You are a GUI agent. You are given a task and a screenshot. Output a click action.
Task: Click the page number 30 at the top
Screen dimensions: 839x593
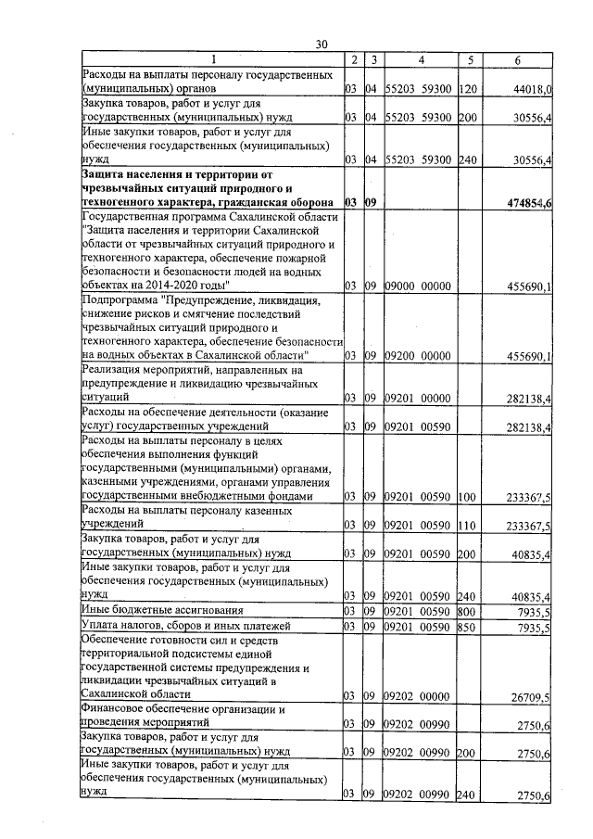point(322,44)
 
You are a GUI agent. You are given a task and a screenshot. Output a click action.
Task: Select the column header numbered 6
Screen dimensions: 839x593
point(517,60)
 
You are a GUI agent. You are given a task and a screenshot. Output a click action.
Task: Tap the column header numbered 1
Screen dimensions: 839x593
point(211,60)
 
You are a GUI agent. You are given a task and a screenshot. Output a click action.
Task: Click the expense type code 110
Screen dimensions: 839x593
point(467,525)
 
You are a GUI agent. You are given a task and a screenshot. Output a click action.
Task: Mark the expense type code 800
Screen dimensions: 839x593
point(467,610)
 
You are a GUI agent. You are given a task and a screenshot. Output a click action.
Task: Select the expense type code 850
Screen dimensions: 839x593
point(467,627)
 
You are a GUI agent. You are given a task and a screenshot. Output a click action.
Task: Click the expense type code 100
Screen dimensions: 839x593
point(467,497)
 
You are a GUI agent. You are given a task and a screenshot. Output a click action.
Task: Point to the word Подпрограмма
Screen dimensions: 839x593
point(120,301)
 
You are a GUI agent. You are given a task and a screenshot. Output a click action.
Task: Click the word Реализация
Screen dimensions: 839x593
point(113,370)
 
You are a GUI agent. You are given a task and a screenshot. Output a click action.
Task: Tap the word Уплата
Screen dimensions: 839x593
point(100,627)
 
